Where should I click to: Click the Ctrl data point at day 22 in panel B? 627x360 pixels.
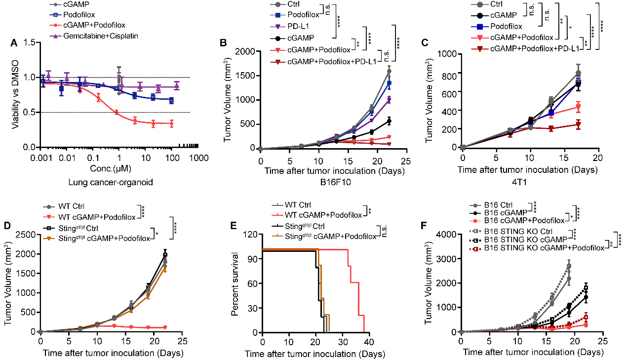pos(389,71)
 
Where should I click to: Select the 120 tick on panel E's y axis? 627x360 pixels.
pos(253,234)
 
